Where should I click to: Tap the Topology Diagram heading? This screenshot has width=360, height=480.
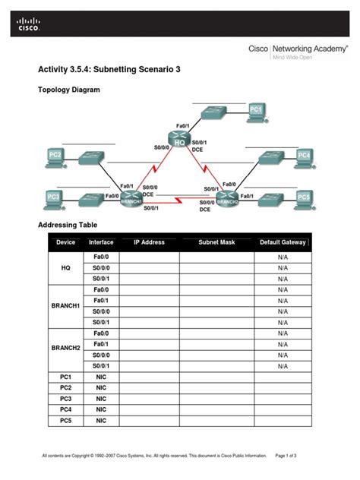(69, 90)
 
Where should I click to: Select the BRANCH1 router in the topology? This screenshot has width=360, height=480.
(130, 197)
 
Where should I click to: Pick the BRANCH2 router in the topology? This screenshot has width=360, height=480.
(226, 198)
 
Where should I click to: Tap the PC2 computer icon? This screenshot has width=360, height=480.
(54, 157)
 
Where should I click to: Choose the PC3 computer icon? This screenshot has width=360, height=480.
(52, 198)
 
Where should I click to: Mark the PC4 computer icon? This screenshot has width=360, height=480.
(304, 156)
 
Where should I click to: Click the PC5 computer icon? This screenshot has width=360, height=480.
(304, 197)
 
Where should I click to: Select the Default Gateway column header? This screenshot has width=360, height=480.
(283, 242)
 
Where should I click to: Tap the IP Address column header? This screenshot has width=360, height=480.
(149, 242)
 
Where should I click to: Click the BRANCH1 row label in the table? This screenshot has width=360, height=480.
(65, 305)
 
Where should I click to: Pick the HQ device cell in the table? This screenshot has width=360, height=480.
(65, 268)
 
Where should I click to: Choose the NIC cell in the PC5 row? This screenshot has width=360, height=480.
(101, 420)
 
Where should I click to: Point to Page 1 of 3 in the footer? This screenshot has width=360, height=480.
(291, 456)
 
